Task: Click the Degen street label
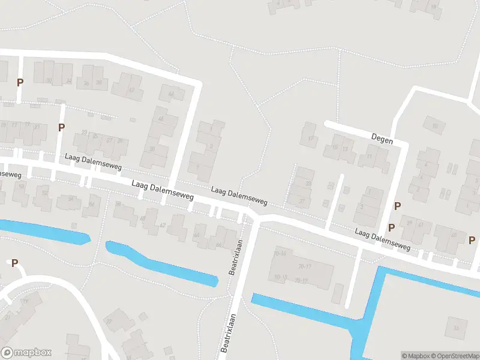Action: tap(382, 140)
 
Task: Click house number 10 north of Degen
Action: tap(434, 125)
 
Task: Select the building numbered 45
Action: tap(454, 235)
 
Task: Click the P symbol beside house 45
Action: tap(472, 240)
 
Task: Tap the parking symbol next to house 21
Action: tap(61, 127)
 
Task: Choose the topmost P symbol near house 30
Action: tap(20, 82)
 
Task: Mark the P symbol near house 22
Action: tap(13, 263)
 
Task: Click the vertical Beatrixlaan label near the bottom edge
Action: tap(227, 333)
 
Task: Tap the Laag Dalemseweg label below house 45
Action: tap(382, 239)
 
